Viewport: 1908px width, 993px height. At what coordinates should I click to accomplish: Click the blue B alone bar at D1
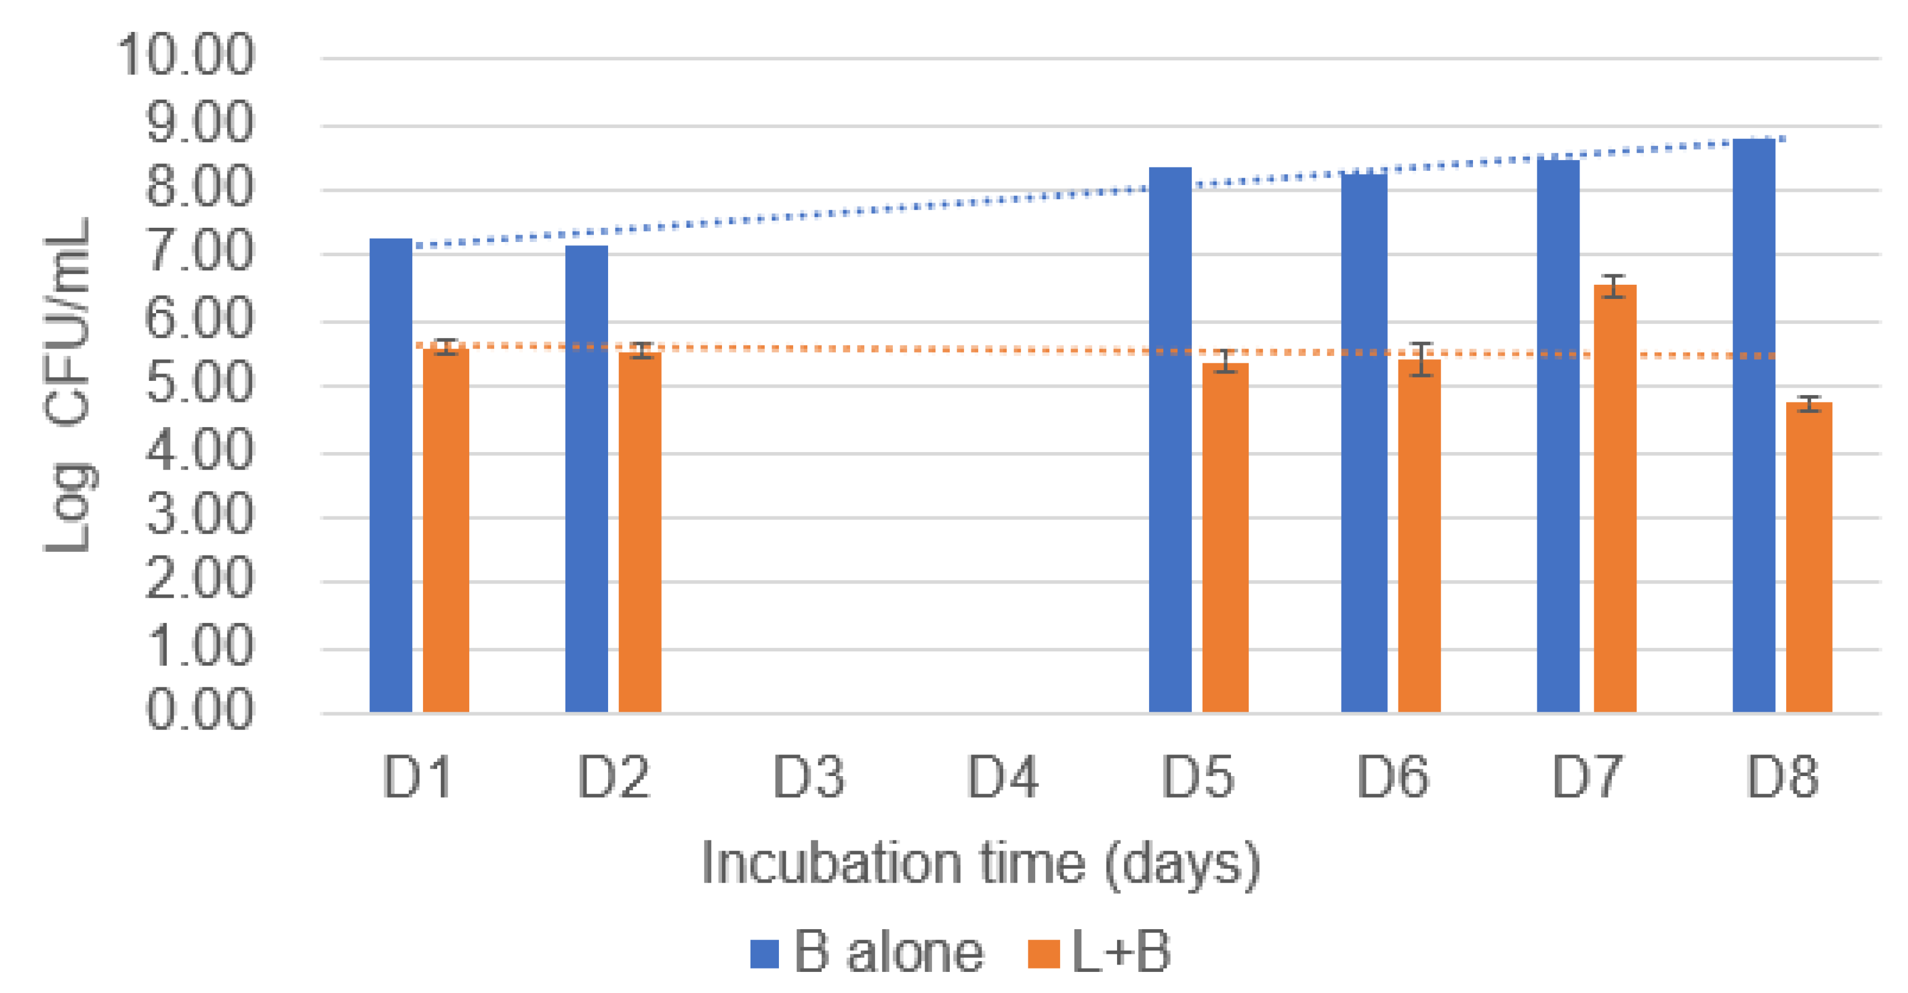[391, 474]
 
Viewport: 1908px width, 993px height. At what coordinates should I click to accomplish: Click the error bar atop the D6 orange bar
[1421, 359]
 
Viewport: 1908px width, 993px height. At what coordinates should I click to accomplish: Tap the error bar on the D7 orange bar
[1615, 286]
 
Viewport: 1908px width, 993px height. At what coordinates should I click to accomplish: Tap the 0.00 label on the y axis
[199, 709]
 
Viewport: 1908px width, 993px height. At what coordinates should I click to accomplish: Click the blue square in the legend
[764, 954]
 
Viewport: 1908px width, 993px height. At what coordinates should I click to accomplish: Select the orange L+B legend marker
[1044, 954]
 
